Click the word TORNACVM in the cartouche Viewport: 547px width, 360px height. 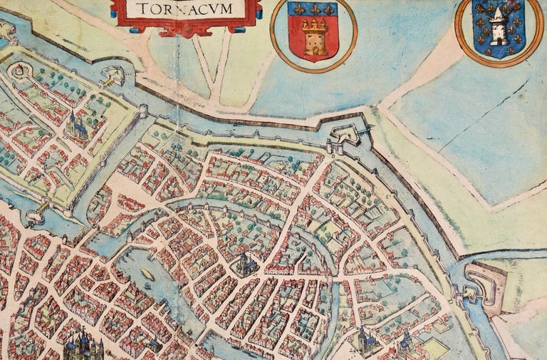[187, 9]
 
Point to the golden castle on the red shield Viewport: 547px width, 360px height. [311, 39]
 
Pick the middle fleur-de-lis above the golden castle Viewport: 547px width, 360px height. [311, 10]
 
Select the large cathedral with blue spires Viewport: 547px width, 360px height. [83, 346]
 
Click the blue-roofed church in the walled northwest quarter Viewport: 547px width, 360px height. [76, 126]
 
